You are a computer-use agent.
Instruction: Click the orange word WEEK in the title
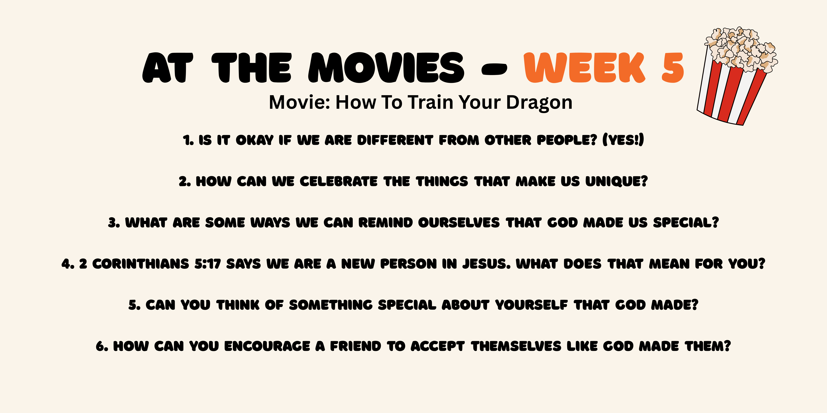(584, 68)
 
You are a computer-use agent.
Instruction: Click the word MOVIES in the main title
(386, 68)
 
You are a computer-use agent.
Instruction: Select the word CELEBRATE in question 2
(339, 182)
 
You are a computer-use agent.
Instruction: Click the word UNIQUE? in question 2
(616, 182)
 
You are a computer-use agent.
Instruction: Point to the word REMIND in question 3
(386, 223)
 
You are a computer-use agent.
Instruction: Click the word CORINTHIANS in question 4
(141, 264)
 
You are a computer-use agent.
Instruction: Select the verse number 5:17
(208, 264)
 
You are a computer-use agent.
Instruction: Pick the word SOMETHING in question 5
(331, 305)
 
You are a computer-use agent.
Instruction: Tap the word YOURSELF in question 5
(531, 305)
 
